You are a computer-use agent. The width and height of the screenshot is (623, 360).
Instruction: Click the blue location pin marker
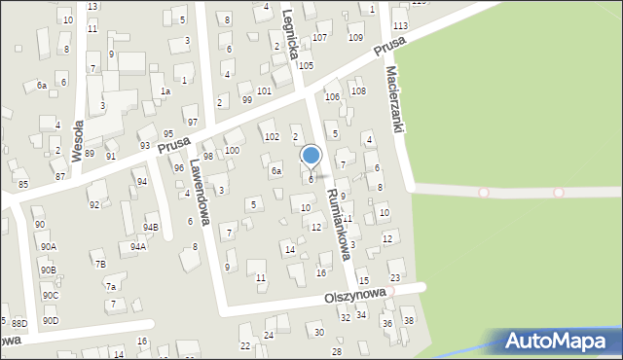click(311, 156)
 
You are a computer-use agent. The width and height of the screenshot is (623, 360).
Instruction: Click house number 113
click(400, 24)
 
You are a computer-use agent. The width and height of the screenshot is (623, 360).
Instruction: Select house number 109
click(355, 37)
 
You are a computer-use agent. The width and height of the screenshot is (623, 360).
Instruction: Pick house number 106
click(332, 96)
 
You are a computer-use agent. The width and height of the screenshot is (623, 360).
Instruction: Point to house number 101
click(264, 90)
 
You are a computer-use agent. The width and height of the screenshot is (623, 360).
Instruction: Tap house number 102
click(272, 136)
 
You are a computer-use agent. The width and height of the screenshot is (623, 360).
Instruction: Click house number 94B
click(151, 227)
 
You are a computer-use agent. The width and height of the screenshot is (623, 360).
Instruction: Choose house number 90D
click(50, 320)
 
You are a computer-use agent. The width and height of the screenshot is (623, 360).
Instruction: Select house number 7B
click(99, 264)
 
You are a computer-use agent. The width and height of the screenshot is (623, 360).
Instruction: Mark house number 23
click(394, 264)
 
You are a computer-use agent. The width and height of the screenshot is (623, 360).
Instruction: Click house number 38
click(409, 320)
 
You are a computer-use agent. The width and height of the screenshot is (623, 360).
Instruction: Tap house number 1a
click(165, 90)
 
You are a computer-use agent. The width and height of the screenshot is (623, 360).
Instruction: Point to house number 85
click(22, 184)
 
